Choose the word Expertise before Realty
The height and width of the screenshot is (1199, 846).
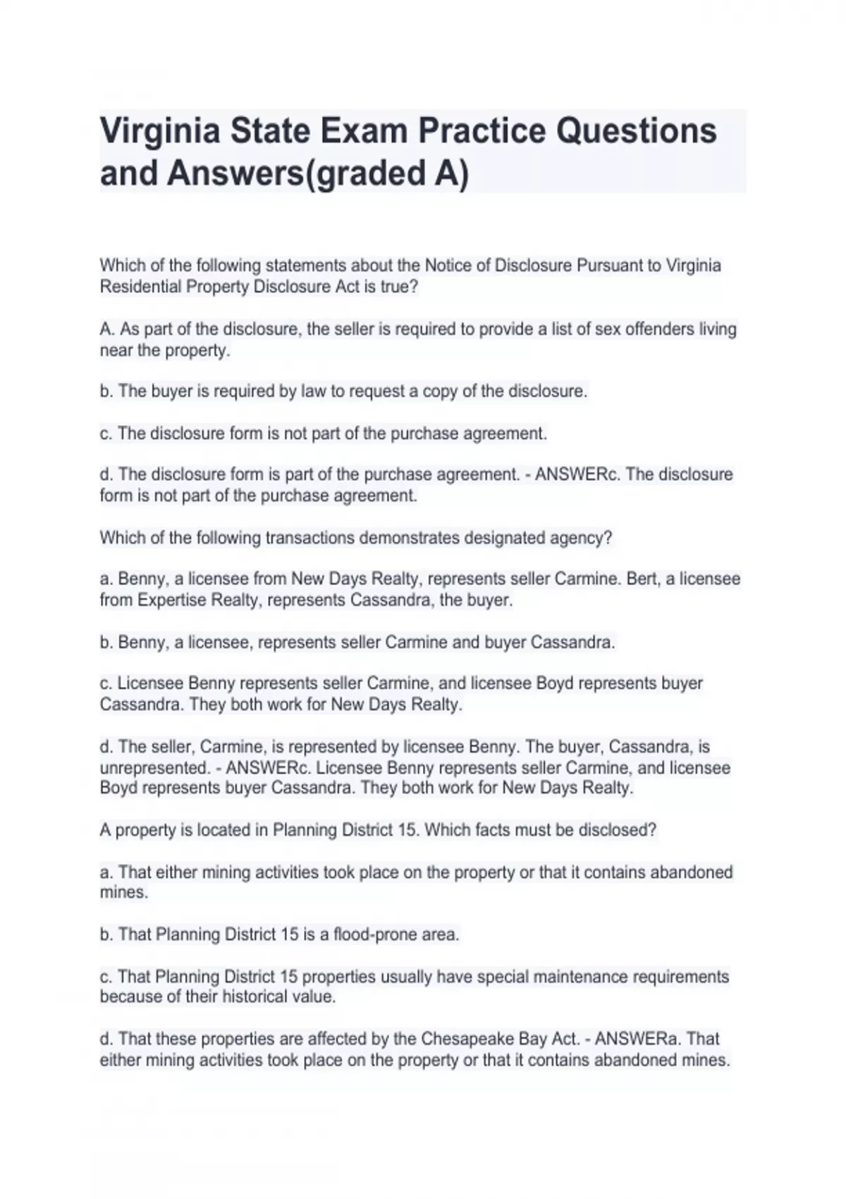tap(173, 600)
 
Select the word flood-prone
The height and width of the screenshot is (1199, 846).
tap(375, 935)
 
